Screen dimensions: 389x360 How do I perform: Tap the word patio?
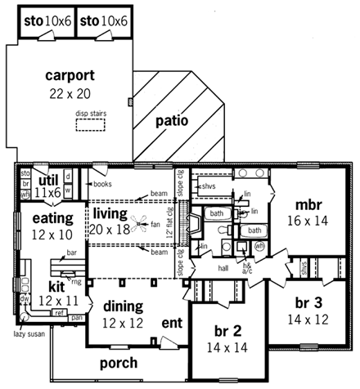coord(172,121)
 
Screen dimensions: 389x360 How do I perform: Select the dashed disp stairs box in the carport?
coord(90,124)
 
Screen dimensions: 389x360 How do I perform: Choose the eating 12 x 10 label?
coord(53,226)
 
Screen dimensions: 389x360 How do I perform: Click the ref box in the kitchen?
coord(59,311)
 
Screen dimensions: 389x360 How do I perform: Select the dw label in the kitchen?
coord(25,300)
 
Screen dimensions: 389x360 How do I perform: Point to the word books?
coord(102,185)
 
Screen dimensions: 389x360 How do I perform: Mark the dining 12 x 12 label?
coord(124,314)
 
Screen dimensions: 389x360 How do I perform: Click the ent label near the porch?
coord(171,324)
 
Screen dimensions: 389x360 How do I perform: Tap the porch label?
coord(119,362)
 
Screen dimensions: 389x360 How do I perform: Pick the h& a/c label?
coord(246,269)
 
